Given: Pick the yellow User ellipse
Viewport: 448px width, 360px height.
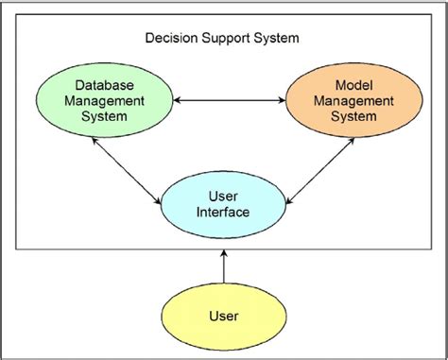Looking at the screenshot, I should [x=223, y=315].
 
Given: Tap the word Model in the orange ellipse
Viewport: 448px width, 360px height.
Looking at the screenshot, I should [x=344, y=83].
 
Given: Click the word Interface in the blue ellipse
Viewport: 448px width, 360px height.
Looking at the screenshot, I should [x=223, y=213].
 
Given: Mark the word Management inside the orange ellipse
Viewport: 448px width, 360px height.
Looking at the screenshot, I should [x=344, y=99].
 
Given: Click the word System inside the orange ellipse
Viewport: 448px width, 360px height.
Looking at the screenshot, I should [x=344, y=115].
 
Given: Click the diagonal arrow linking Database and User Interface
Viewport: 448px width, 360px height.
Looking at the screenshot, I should [x=126, y=168].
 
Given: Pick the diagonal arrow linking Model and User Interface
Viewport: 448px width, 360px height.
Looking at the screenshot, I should [x=319, y=168].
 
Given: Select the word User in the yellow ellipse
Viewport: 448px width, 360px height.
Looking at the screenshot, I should [x=223, y=315].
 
